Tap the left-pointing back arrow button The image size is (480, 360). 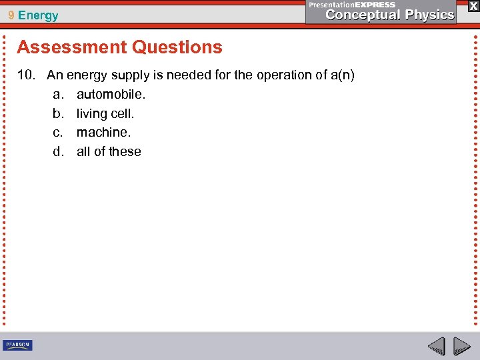click(437, 347)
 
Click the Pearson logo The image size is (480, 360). click(17, 345)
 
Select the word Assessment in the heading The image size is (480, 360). click(72, 47)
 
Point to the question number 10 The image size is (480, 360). click(25, 75)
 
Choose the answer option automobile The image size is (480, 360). click(111, 95)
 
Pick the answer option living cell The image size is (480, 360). click(105, 114)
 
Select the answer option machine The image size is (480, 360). click(103, 133)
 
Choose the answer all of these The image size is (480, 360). click(109, 152)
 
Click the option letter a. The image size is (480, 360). click(57, 95)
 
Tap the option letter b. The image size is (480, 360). click(57, 114)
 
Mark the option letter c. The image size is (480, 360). click(57, 133)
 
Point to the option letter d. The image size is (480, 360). click(57, 152)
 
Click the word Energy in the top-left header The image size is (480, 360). click(38, 15)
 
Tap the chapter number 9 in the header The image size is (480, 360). click(11, 15)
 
